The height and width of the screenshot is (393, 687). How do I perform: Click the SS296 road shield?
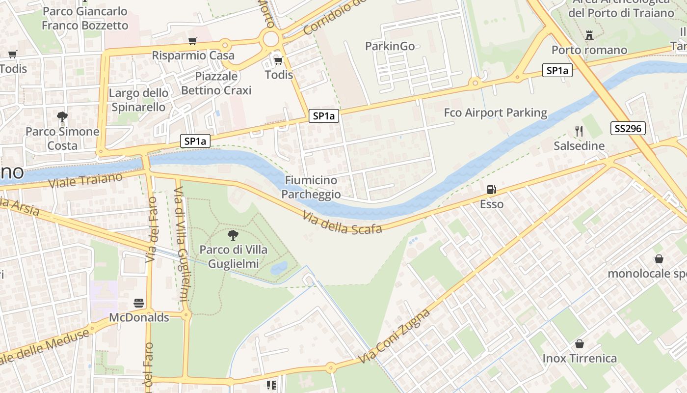click(x=628, y=129)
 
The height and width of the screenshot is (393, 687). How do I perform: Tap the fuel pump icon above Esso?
click(x=491, y=190)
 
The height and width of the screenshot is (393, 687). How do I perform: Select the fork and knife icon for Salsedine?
click(x=579, y=131)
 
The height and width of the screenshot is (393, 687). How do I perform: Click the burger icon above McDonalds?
click(x=139, y=303)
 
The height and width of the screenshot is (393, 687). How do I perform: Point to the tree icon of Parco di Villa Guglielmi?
click(x=233, y=235)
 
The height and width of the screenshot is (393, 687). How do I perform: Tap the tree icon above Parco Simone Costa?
click(x=62, y=117)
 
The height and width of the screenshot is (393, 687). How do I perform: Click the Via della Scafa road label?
click(x=342, y=223)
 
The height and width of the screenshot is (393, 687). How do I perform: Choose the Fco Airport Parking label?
click(x=495, y=113)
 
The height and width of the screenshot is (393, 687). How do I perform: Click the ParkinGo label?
click(x=390, y=46)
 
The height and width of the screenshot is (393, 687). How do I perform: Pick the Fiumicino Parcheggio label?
click(x=311, y=187)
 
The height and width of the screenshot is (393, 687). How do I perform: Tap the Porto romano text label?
click(x=589, y=50)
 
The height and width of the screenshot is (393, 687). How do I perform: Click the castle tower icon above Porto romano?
click(x=589, y=35)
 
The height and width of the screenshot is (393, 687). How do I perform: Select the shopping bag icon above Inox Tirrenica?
click(x=580, y=344)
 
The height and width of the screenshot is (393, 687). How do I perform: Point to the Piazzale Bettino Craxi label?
click(x=216, y=84)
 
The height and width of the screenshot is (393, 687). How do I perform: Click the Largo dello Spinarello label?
click(x=138, y=100)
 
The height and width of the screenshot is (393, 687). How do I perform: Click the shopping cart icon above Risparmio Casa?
click(x=193, y=41)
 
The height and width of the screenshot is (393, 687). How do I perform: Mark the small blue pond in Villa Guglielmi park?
click(x=279, y=268)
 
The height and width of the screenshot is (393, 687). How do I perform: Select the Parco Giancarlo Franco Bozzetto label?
click(x=85, y=18)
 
